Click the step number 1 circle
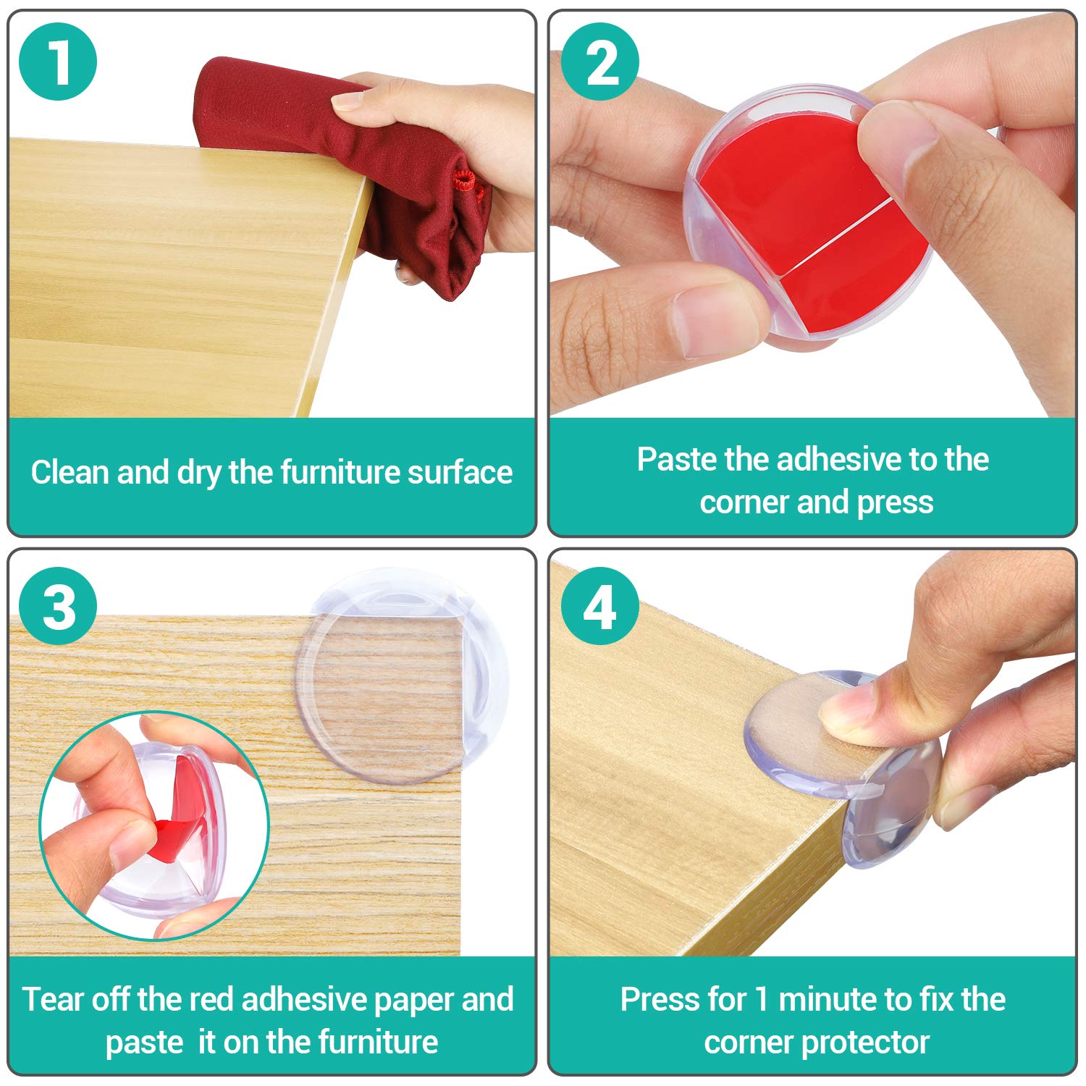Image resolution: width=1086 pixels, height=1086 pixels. [x=58, y=62]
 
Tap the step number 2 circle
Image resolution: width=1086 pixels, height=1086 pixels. [x=600, y=62]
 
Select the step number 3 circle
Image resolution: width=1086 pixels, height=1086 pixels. [x=58, y=607]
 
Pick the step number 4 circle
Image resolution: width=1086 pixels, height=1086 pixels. [x=600, y=607]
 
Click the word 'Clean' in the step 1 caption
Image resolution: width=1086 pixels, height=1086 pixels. [x=70, y=472]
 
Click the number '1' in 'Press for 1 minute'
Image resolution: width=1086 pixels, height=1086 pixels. [x=761, y=999]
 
